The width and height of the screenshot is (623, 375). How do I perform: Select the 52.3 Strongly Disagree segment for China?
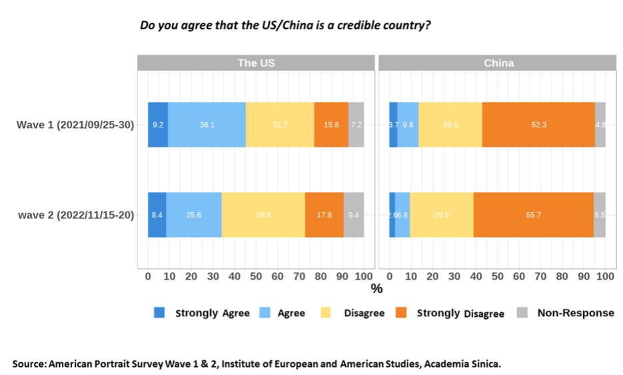[538, 125]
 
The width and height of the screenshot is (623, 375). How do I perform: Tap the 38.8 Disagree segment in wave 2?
[263, 215]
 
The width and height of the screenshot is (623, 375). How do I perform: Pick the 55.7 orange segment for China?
[533, 215]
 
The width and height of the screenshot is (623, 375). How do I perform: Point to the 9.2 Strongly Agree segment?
[158, 125]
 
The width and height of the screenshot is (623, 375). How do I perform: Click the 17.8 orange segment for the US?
[324, 215]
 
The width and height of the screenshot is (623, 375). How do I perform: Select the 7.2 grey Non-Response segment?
[356, 125]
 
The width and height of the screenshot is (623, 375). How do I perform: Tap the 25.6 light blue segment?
[194, 215]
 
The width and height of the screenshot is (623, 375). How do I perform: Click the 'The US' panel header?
[256, 63]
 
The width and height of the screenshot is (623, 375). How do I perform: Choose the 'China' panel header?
[498, 63]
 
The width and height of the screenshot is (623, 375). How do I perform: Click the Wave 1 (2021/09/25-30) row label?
[75, 125]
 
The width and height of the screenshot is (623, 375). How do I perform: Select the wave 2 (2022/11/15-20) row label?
[77, 215]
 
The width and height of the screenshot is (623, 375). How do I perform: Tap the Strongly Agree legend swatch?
[159, 312]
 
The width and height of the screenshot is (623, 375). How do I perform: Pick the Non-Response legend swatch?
[523, 312]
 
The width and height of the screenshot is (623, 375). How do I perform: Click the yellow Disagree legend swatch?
[326, 312]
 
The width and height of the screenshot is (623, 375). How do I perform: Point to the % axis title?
[376, 289]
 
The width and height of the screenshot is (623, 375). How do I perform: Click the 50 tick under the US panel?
[256, 276]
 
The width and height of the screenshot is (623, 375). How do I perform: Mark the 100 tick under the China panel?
[605, 276]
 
